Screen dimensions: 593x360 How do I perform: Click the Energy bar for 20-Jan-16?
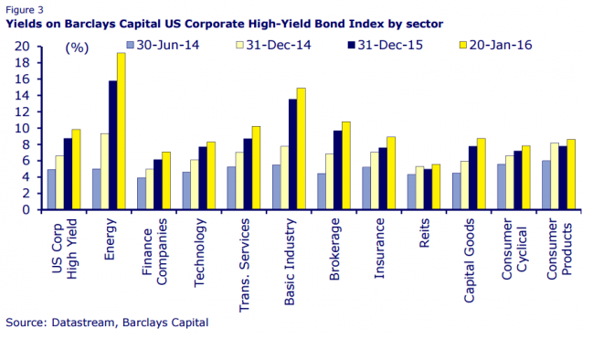click(x=121, y=131)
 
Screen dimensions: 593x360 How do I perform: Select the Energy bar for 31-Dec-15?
click(x=113, y=145)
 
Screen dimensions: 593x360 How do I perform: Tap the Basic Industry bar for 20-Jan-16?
click(x=301, y=149)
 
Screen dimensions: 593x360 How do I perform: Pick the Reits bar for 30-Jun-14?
click(x=411, y=192)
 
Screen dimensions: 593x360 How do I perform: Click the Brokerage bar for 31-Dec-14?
click(x=330, y=182)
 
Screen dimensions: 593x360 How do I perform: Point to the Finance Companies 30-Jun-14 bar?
click(x=142, y=193)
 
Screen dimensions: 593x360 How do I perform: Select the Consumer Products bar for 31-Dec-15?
click(x=563, y=178)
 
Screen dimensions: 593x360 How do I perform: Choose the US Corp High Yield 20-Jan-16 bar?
click(x=76, y=169)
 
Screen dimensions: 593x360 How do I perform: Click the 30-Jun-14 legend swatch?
click(x=130, y=45)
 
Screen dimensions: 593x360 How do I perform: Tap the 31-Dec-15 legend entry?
click(x=385, y=45)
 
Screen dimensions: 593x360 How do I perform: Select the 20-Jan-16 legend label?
click(x=501, y=45)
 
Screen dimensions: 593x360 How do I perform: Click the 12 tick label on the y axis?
click(x=22, y=112)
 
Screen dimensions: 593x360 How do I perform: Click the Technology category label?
click(x=199, y=253)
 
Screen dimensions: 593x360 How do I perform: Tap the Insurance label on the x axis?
click(x=379, y=249)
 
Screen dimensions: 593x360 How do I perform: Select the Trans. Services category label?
click(x=244, y=266)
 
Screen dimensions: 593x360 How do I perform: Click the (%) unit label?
click(x=77, y=48)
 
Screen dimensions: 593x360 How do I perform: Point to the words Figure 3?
click(x=25, y=10)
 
